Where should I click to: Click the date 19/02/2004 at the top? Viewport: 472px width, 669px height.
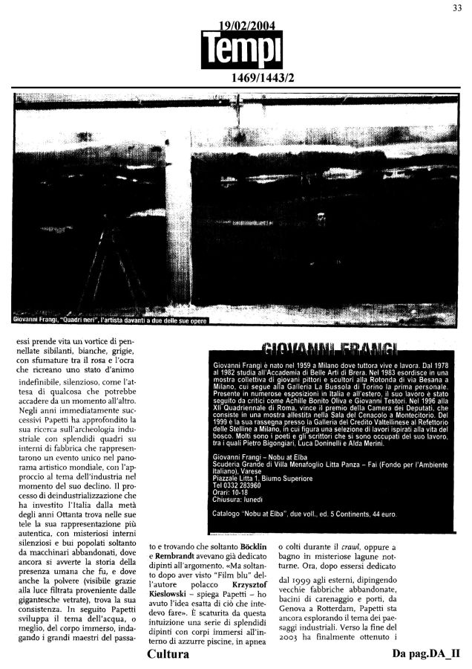click(x=242, y=27)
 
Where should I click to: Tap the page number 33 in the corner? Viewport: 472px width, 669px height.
click(x=457, y=8)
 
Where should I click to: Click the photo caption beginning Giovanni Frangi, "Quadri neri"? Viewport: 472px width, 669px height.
click(x=111, y=320)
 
